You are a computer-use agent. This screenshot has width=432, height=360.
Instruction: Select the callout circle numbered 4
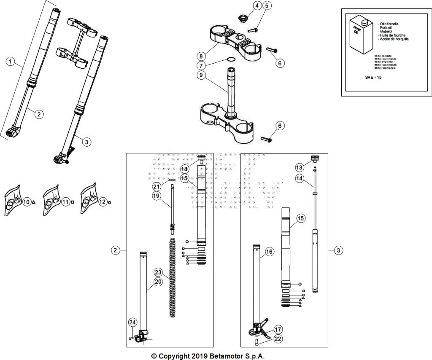257,5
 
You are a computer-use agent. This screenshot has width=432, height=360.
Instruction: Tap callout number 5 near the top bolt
267,5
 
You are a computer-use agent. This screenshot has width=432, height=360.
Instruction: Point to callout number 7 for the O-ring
202,66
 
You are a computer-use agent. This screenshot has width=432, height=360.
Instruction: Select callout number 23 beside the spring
158,272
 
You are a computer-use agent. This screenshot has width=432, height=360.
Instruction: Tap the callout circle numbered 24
132,323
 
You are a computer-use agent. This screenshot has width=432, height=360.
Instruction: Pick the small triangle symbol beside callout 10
33,202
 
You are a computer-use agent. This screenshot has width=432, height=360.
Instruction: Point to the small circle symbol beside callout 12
110,202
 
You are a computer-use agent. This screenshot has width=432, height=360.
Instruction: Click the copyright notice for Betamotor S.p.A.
208,356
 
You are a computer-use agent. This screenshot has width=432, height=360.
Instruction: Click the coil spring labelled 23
173,278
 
